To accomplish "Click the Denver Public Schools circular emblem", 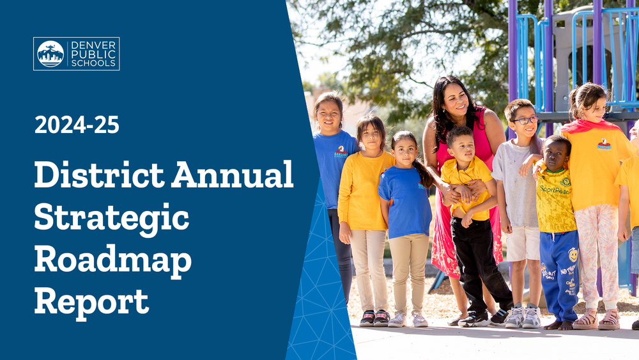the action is tap(50, 54).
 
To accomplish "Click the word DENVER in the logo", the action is tap(94, 45).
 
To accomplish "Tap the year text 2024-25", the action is tap(77, 125).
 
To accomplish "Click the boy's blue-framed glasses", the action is tap(525, 120).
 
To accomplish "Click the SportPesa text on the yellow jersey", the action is tap(555, 189).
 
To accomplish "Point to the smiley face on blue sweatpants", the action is tap(573, 255).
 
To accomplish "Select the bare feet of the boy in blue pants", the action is tap(559, 325).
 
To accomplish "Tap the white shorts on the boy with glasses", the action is tap(522, 244).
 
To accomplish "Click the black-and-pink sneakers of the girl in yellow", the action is tap(374, 318).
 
